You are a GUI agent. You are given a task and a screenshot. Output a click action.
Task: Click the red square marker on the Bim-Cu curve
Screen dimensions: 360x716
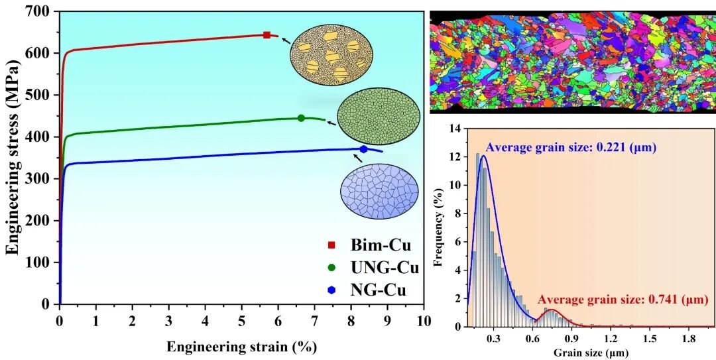point(267,35)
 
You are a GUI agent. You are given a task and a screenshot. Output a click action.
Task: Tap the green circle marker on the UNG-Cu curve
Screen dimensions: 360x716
point(301,118)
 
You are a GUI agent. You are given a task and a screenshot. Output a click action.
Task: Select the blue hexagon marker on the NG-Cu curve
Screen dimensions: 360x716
point(363,149)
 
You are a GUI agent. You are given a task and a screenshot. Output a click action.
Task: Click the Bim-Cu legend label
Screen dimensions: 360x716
point(381,246)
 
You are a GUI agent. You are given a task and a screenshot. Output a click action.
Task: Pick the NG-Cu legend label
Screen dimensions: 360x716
point(378,290)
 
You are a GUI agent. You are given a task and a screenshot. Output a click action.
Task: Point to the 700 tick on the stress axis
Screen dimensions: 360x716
point(40,11)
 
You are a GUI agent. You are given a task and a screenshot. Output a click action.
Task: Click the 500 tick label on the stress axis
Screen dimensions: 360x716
point(40,95)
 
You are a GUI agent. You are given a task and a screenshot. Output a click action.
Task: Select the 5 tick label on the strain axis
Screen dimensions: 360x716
point(241,321)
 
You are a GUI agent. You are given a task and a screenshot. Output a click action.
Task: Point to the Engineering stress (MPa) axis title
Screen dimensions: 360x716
point(12,158)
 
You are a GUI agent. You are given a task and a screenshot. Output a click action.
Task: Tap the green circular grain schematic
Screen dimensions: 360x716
point(379,117)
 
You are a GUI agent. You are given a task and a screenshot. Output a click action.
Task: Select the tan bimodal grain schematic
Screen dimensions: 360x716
point(331,54)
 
